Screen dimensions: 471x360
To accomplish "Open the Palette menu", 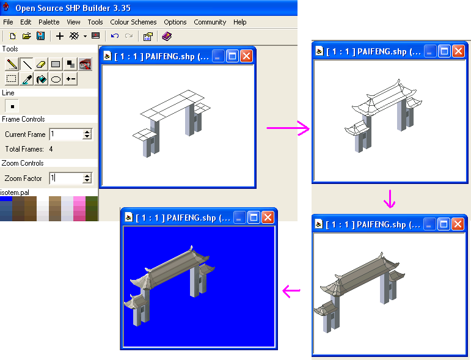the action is (49, 22).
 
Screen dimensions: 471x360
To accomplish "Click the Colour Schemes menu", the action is (133, 22).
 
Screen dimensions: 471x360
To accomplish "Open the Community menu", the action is (210, 22).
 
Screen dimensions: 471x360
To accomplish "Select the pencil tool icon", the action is (12, 64).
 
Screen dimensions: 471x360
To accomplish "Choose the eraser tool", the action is (41, 64).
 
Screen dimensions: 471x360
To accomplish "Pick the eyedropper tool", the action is (27, 79).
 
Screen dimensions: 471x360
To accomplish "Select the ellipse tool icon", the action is (56, 79).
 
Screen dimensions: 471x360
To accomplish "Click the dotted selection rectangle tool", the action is (12, 79).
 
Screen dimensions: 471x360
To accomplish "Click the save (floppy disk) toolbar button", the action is (40, 36).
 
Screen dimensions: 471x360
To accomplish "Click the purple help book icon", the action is (167, 36).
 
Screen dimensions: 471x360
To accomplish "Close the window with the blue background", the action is (268, 217).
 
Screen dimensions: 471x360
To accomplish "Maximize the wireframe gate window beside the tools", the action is (232, 56).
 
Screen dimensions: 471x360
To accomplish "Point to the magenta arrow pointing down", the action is (390, 199).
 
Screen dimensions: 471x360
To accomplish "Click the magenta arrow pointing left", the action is (291, 290).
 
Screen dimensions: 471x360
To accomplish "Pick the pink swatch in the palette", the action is (79, 209).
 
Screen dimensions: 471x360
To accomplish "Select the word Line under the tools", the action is (8, 93).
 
